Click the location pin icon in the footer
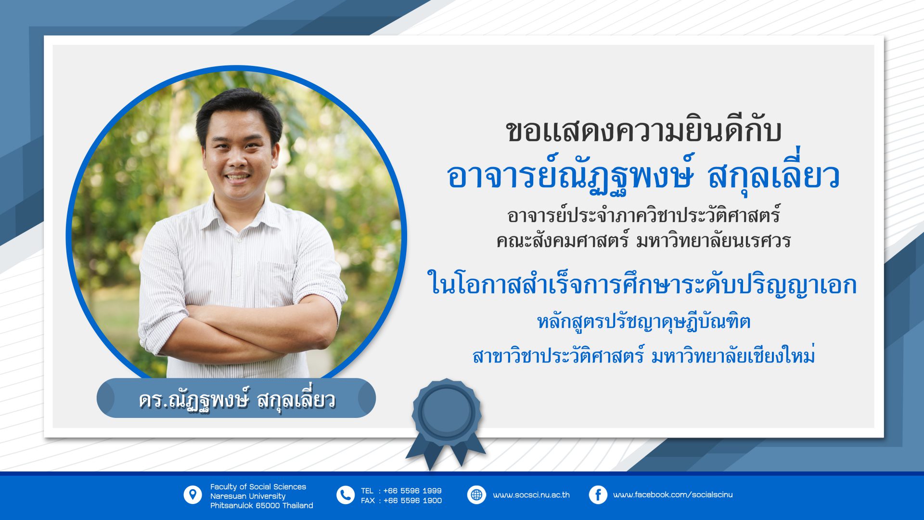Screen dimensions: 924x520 tap(192, 495)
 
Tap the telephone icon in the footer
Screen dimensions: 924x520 tap(345, 495)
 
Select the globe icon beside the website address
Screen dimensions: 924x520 tap(476, 495)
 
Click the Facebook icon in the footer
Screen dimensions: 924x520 tap(598, 495)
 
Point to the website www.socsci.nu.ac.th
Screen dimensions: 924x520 tap(531, 495)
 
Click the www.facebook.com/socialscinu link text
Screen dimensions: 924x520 tap(673, 495)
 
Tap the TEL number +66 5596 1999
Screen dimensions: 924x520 tap(412, 491)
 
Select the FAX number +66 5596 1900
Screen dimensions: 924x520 tap(412, 501)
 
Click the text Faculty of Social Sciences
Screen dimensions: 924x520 tap(258, 487)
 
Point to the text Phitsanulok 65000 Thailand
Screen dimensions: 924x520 tap(262, 506)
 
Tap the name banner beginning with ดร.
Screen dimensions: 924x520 tap(236, 398)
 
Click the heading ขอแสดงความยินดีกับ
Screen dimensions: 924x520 tap(643, 131)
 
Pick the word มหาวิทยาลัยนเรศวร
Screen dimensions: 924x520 tap(713, 240)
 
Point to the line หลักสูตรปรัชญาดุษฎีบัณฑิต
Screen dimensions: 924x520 tap(644, 321)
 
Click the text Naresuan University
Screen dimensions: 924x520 tap(248, 496)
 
